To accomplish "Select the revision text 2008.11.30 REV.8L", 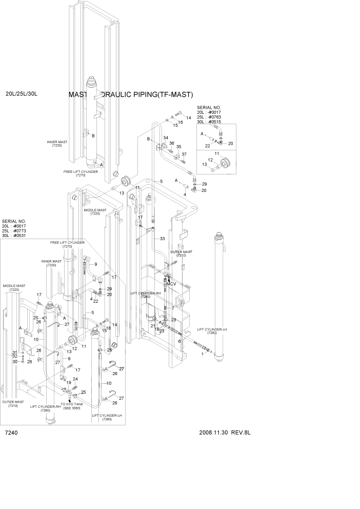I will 227,433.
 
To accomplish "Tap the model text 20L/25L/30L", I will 22,94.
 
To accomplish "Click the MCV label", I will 171,283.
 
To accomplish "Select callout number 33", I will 162,239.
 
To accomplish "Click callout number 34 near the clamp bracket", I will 166,139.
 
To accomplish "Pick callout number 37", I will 184,154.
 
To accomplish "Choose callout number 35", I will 179,147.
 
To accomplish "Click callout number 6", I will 179,341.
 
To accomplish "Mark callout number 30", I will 15,362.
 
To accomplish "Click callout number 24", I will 75,379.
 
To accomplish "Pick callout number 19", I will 68,382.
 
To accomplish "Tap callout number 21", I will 153,326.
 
